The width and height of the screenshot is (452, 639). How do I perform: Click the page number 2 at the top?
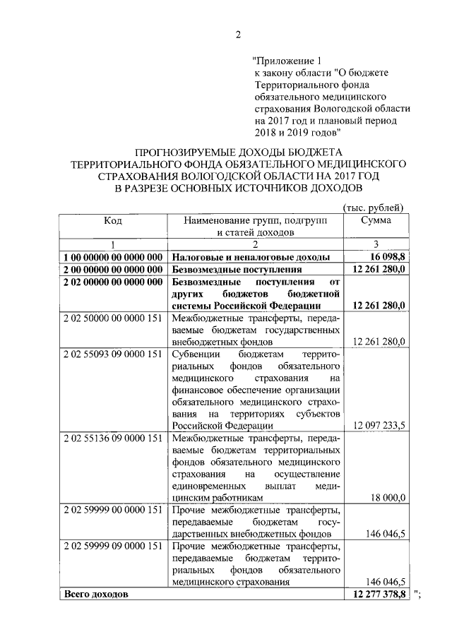(x=238, y=35)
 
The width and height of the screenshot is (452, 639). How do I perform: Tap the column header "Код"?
(x=113, y=220)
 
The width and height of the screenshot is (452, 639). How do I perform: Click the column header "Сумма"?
(x=374, y=220)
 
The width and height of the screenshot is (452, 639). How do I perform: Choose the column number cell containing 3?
(x=374, y=244)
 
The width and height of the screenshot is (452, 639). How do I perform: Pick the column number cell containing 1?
(x=113, y=244)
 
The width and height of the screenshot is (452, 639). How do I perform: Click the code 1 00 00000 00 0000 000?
(x=113, y=257)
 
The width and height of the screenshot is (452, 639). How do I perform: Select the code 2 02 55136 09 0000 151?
(x=113, y=438)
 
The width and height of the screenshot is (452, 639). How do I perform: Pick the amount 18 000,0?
(x=387, y=498)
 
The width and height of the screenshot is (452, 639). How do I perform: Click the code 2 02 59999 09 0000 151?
(x=113, y=547)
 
